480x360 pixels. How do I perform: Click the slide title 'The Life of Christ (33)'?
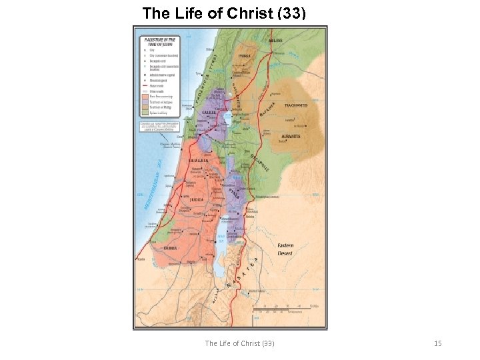pyautogui.click(x=224, y=13)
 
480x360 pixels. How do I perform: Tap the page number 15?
pyautogui.click(x=437, y=343)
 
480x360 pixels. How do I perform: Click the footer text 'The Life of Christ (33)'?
pyautogui.click(x=239, y=343)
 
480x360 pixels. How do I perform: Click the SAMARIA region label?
pyautogui.click(x=199, y=161)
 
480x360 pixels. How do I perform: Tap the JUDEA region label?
pyautogui.click(x=197, y=199)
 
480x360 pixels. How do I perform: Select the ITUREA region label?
pyautogui.click(x=245, y=56)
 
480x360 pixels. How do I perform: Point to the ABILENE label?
pyautogui.click(x=275, y=40)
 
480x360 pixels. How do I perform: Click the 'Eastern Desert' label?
pyautogui.click(x=286, y=249)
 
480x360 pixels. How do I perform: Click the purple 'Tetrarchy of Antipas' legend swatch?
pyautogui.click(x=143, y=103)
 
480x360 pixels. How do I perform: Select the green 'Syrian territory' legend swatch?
pyautogui.click(x=143, y=115)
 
